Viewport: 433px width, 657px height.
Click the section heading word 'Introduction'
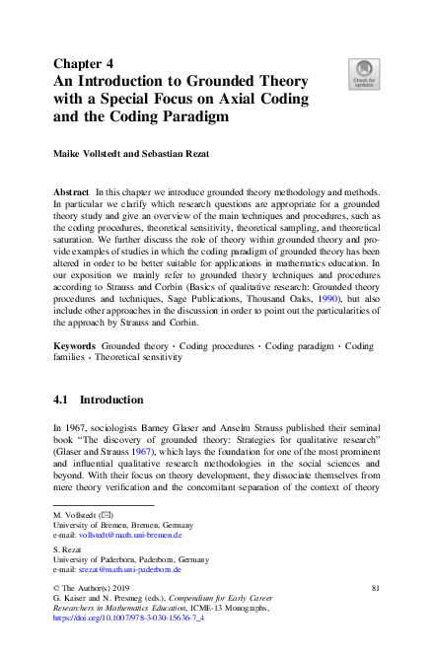click(111, 401)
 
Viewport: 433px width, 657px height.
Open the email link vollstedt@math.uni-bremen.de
click(131, 534)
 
